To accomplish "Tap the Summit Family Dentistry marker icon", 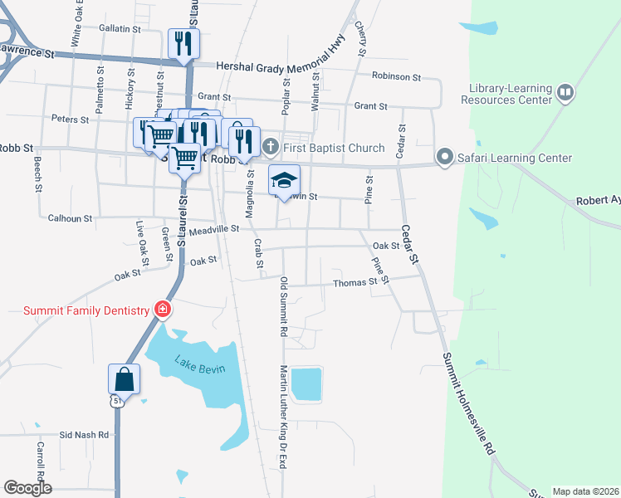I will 163,310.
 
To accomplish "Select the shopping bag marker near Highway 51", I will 124,379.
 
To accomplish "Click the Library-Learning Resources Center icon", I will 565,91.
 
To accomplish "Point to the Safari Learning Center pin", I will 445,157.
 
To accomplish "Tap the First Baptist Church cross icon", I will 270,148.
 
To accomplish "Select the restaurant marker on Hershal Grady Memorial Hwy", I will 183,43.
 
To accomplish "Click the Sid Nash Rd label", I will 84,434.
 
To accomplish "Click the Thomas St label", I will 355,282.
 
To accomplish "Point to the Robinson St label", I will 397,76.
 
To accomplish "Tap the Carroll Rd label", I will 39,458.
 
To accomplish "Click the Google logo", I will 27,488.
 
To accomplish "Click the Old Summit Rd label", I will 283,306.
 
